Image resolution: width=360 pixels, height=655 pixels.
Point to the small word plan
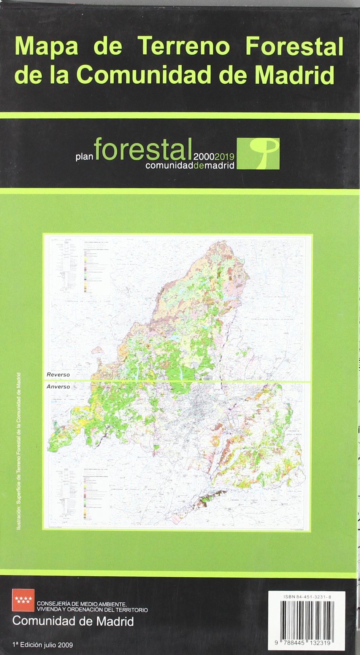[84, 157]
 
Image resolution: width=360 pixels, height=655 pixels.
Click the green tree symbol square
[258, 154]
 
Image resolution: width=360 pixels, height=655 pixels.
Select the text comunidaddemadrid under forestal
[190, 165]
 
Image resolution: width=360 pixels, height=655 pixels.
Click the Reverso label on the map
[58, 375]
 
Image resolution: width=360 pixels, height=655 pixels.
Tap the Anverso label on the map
[58, 386]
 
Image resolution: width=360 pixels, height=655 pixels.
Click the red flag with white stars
[24, 600]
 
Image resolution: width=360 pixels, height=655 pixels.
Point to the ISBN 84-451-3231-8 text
[307, 597]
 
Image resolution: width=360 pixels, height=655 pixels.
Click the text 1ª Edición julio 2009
[43, 645]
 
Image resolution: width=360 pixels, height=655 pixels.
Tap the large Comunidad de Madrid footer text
[73, 622]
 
